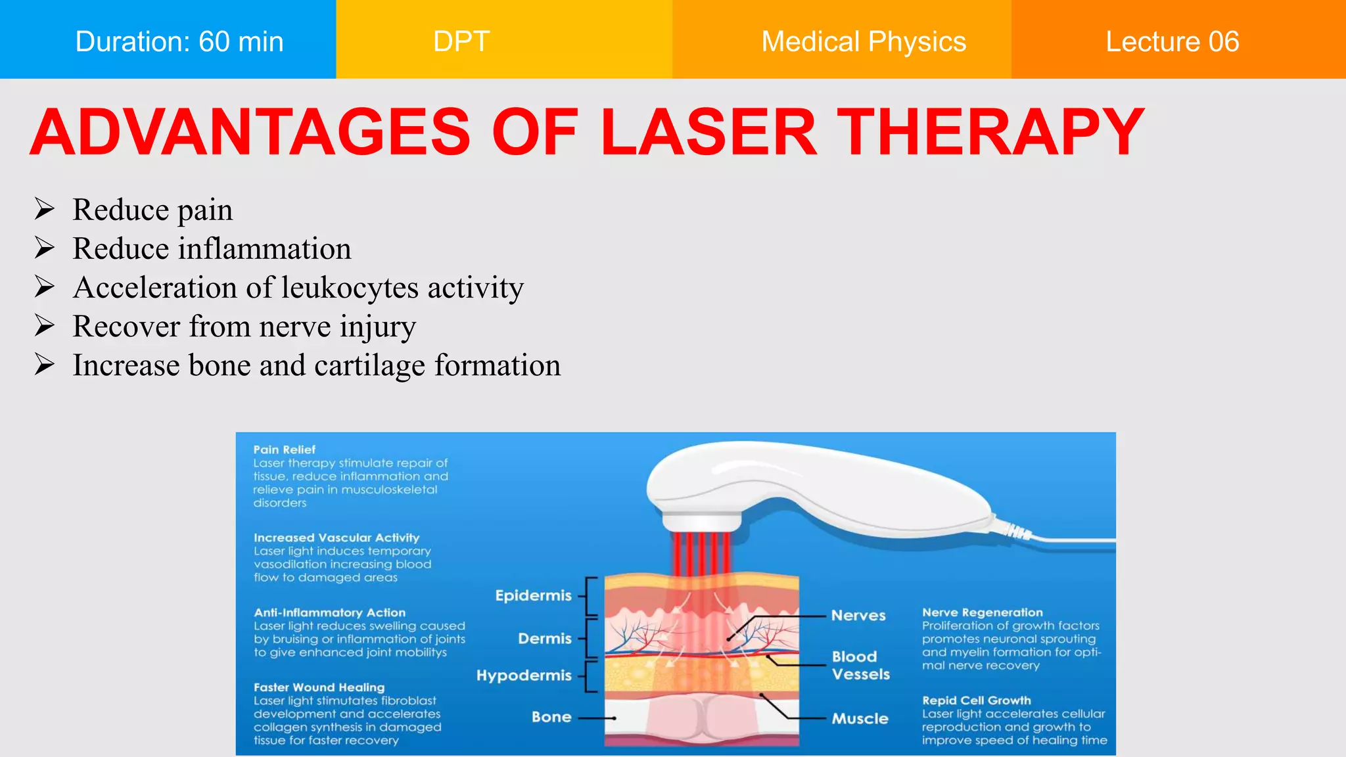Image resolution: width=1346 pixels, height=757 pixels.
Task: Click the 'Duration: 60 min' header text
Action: [179, 41]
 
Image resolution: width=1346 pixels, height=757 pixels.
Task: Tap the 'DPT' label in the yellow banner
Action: [461, 41]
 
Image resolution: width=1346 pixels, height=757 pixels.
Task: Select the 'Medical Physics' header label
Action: [863, 41]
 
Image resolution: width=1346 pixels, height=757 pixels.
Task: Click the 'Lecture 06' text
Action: [1172, 41]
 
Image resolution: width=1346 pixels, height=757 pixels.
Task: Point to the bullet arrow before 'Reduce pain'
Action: [45, 210]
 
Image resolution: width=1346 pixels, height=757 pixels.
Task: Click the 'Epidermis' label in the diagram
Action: [533, 595]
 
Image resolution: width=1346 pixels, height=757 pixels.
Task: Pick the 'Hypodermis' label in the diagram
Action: [524, 676]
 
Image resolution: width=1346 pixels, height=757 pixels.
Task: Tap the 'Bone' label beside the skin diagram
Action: [551, 717]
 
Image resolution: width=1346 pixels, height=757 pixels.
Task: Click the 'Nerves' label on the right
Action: [858, 616]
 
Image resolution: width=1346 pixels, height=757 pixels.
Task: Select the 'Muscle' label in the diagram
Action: [860, 718]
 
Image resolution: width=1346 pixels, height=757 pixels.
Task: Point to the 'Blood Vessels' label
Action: [860, 665]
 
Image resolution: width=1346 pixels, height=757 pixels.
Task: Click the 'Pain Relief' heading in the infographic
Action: [285, 449]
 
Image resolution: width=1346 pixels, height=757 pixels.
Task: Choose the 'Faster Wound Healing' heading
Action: [319, 687]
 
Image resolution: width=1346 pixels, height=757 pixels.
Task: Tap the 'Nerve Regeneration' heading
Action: [982, 612]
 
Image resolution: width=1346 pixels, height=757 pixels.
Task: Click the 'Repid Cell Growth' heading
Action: [976, 700]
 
